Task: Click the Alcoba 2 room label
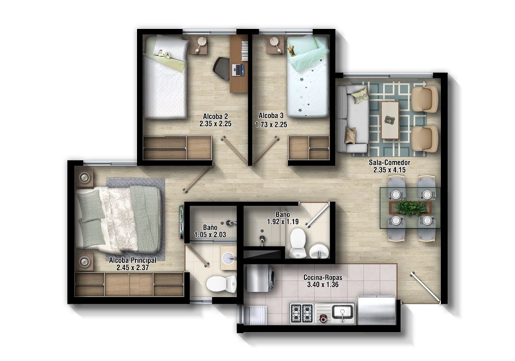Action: pyautogui.click(x=213, y=116)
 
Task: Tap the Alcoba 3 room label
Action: pyautogui.click(x=271, y=116)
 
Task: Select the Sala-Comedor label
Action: pyautogui.click(x=389, y=162)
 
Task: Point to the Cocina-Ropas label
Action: pyautogui.click(x=323, y=277)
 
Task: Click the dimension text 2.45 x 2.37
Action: pyautogui.click(x=132, y=267)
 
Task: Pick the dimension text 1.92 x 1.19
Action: pyautogui.click(x=283, y=222)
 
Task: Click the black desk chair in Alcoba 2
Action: pyautogui.click(x=222, y=68)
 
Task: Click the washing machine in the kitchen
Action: pyautogui.click(x=260, y=279)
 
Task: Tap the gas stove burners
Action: pyautogui.click(x=302, y=311)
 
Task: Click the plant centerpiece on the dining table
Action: pyautogui.click(x=411, y=207)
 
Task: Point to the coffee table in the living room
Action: pyautogui.click(x=390, y=120)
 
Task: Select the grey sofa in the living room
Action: pyautogui.click(x=352, y=120)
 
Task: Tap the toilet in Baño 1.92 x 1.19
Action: pyautogui.click(x=298, y=242)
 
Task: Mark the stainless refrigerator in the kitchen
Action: pyautogui.click(x=376, y=310)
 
